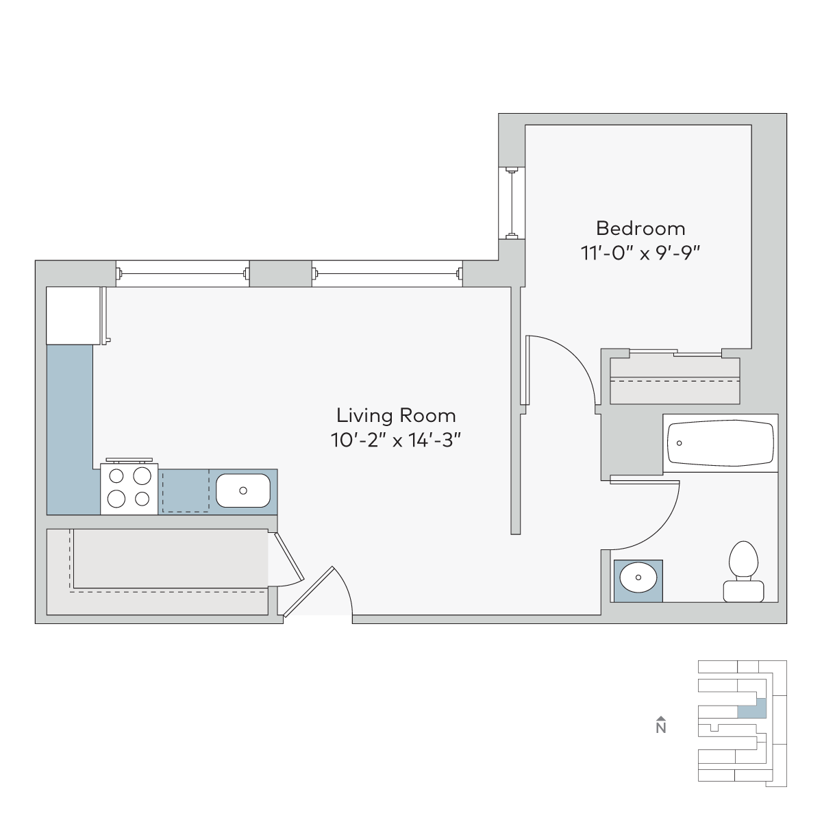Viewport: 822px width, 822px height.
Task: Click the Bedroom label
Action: tap(640, 229)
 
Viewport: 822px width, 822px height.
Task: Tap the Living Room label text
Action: tap(396, 416)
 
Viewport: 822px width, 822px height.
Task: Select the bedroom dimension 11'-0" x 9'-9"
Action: tap(640, 253)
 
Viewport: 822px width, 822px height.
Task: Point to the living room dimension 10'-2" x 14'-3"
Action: tap(396, 440)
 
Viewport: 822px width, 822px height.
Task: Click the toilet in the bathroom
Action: tap(743, 571)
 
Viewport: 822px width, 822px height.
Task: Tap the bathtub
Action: tap(721, 443)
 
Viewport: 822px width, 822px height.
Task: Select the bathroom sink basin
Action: tap(638, 577)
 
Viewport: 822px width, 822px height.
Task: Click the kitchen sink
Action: tap(243, 490)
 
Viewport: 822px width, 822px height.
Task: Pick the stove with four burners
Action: tap(129, 488)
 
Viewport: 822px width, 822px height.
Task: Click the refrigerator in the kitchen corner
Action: tap(73, 316)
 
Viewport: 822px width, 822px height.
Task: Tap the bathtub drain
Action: tap(679, 443)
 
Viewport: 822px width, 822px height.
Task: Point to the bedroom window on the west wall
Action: tap(512, 203)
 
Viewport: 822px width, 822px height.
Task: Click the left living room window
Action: tap(183, 273)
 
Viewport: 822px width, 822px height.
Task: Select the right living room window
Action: tap(387, 273)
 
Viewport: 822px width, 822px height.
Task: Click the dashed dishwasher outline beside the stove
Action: tap(186, 490)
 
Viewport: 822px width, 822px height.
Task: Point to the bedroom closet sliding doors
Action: tap(675, 353)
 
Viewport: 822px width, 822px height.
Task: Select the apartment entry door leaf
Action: tap(308, 592)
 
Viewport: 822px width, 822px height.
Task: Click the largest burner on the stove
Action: tap(142, 476)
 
